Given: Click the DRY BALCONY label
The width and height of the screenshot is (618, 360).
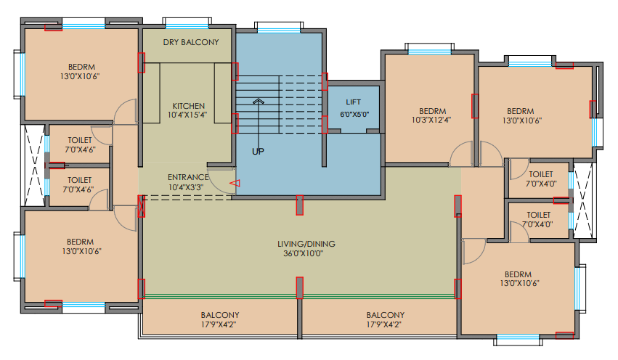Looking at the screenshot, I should click(x=190, y=42).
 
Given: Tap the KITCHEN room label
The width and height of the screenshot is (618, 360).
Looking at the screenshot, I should click(x=188, y=105).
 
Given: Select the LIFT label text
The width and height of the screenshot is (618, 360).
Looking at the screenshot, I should click(x=354, y=102).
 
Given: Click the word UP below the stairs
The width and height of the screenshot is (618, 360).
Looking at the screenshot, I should click(x=258, y=152).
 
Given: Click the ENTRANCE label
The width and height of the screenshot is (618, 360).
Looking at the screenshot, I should click(x=188, y=177).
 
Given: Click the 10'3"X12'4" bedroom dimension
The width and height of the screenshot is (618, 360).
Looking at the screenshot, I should click(x=431, y=120).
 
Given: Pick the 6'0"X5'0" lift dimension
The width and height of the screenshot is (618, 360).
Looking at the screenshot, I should click(x=354, y=114).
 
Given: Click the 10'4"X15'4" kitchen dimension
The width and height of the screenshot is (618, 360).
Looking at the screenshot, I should click(x=188, y=115).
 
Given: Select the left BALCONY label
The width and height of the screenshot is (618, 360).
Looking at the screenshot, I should click(x=220, y=315).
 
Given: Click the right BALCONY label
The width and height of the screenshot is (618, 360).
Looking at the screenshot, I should click(x=385, y=315).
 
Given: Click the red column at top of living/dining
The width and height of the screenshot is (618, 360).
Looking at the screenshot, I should click(x=299, y=205).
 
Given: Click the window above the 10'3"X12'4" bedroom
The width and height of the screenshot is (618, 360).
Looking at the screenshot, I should click(x=430, y=49).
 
